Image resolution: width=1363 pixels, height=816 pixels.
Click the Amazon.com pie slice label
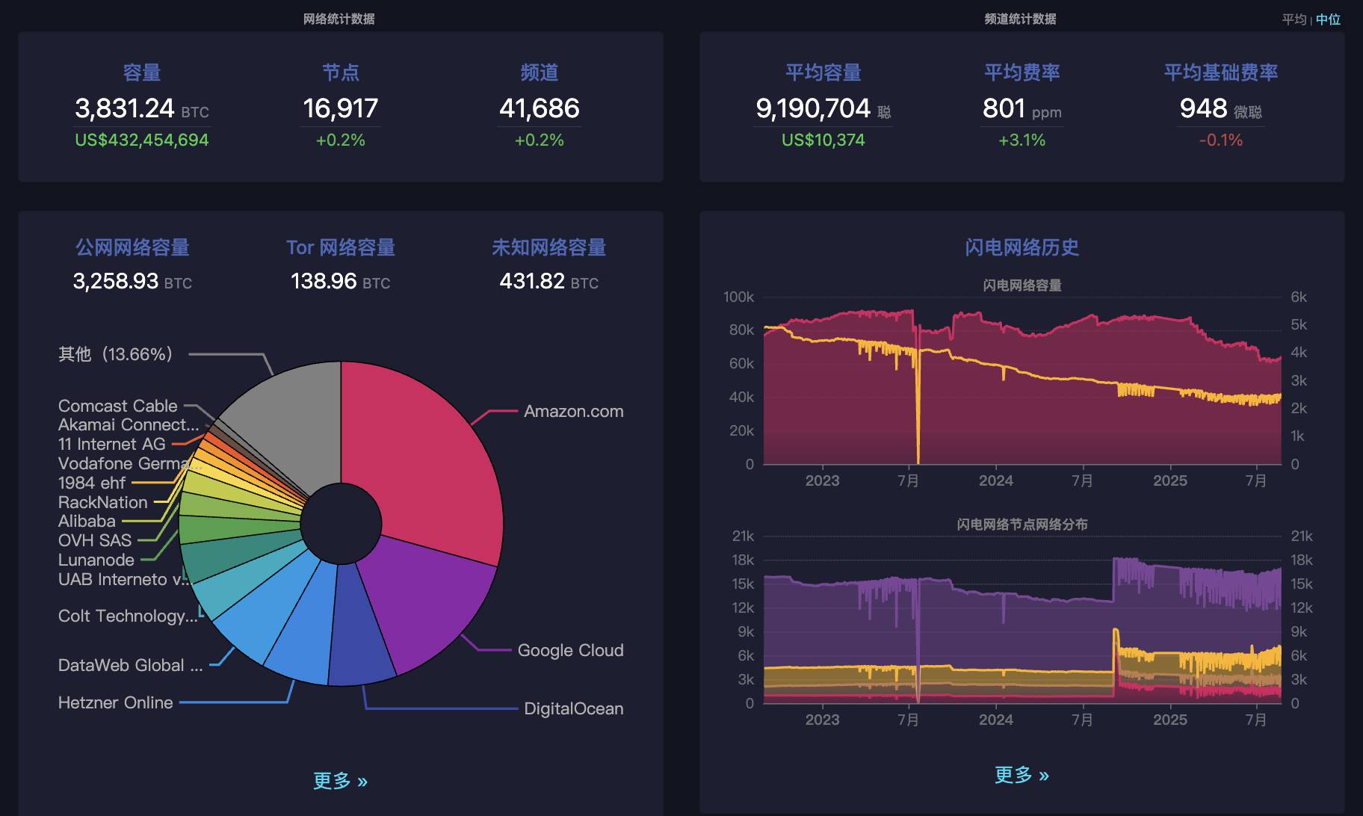click(x=573, y=412)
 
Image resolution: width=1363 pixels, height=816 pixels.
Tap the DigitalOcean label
click(x=573, y=709)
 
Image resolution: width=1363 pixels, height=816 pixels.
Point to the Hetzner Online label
click(x=115, y=703)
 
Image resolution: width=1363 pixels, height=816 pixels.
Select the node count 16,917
click(x=340, y=109)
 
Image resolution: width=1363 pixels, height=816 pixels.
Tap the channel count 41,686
click(x=539, y=109)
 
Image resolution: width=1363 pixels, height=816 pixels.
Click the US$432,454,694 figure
click(x=141, y=140)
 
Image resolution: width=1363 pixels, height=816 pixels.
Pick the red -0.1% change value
click(x=1220, y=140)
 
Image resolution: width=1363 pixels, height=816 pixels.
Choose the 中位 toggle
click(x=1328, y=19)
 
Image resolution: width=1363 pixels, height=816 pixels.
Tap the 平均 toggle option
click(x=1294, y=19)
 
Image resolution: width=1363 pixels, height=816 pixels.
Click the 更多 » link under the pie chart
click(x=340, y=781)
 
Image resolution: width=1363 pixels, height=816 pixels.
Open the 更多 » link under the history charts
click(x=1022, y=775)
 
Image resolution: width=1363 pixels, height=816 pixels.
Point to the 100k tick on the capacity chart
click(x=738, y=297)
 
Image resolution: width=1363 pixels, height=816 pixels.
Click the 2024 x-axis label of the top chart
click(x=996, y=480)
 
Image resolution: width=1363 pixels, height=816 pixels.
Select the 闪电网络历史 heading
click(x=1022, y=247)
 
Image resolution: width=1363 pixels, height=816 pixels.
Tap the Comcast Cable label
click(x=118, y=406)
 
